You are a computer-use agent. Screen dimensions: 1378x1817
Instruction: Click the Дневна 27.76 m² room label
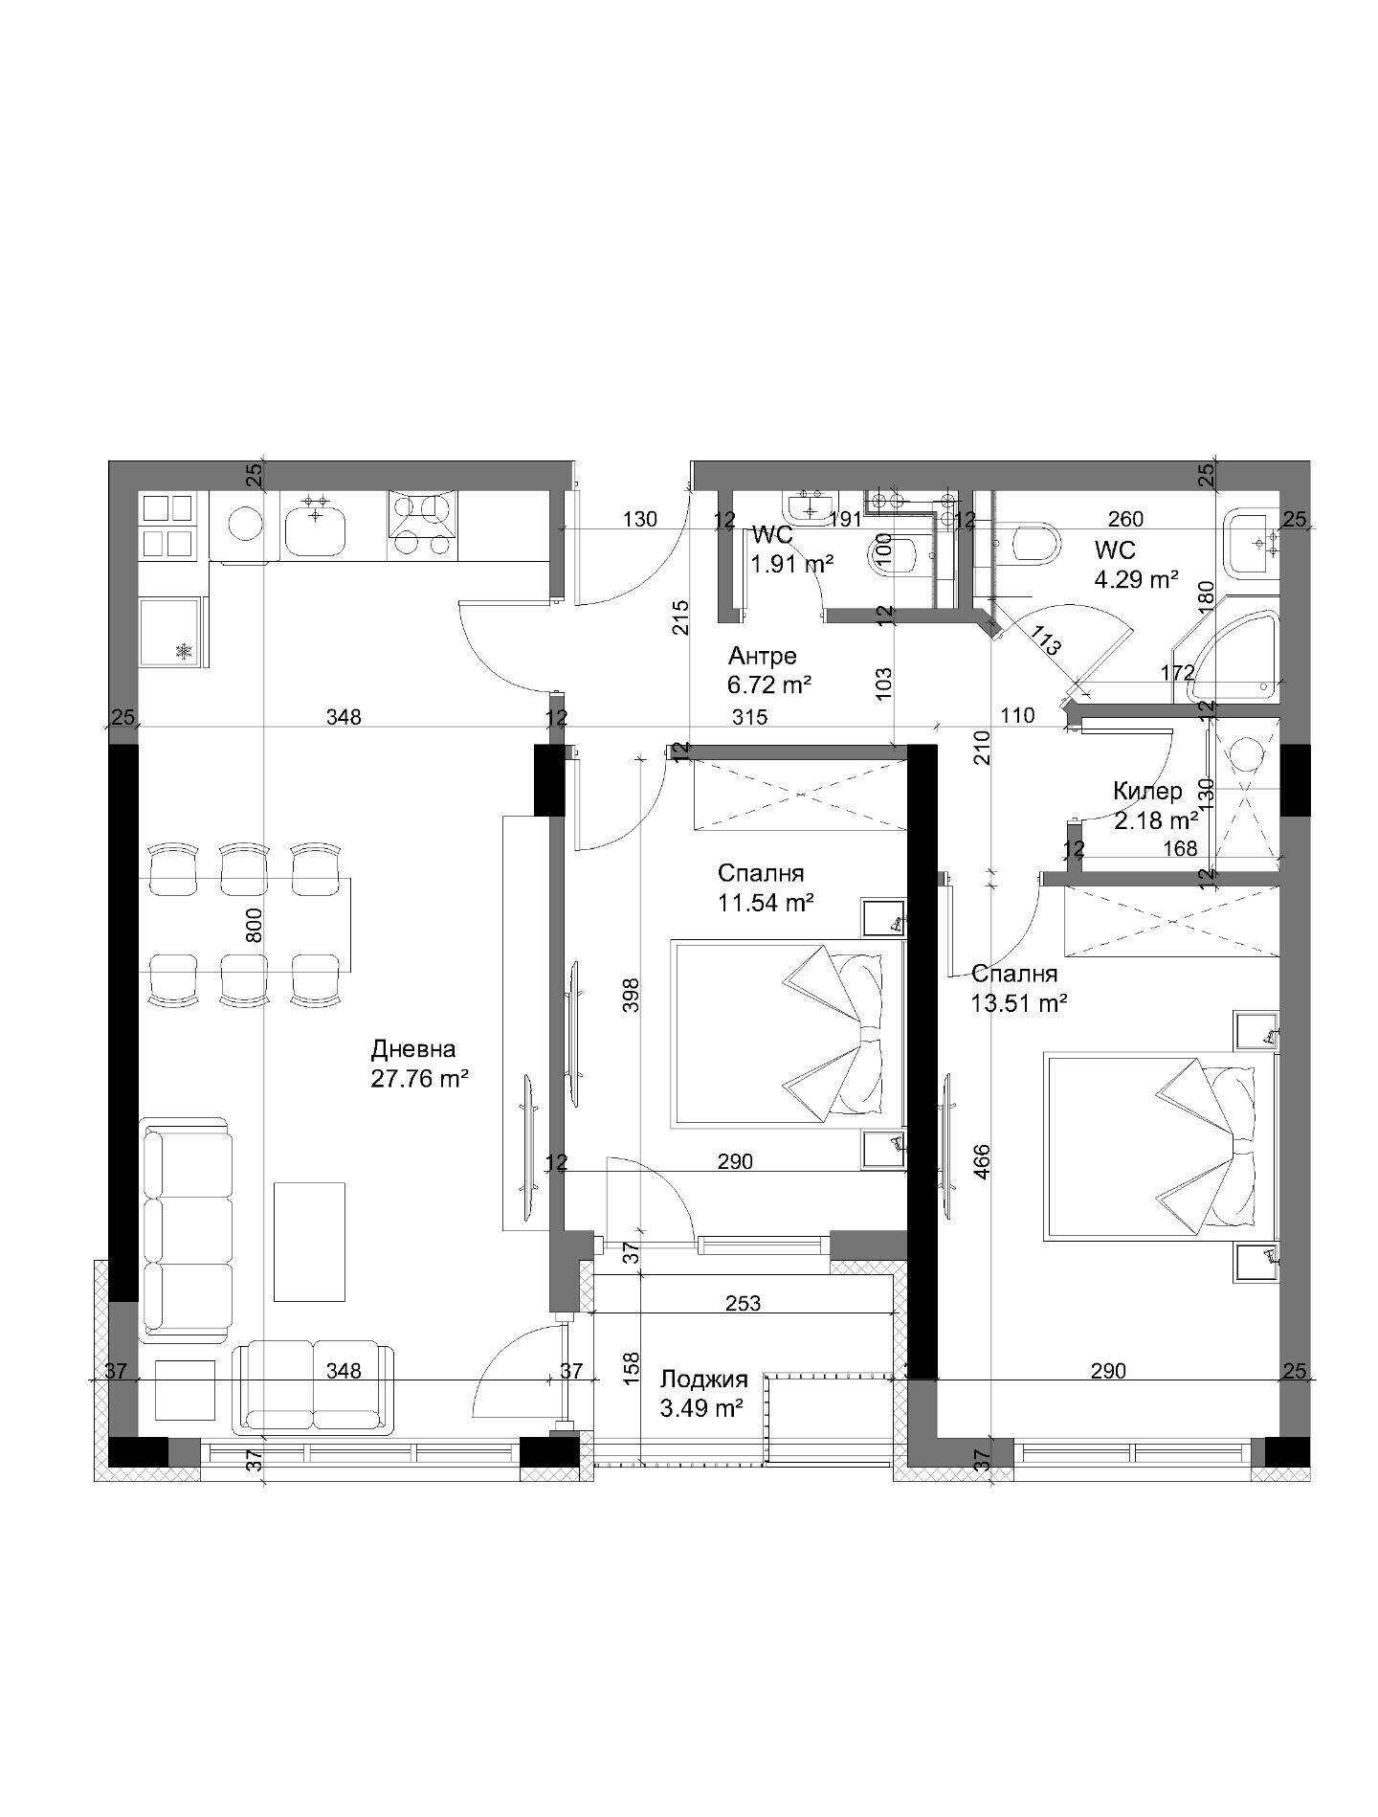click(419, 1065)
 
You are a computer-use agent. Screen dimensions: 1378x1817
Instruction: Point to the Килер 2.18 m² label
click(1155, 806)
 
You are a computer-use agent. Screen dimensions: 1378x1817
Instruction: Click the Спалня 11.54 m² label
click(766, 887)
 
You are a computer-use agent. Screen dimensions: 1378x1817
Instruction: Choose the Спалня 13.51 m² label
click(1019, 988)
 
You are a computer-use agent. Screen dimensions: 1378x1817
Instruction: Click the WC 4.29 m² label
click(1136, 565)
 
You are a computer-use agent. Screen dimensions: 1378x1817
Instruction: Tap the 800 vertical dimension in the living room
click(255, 925)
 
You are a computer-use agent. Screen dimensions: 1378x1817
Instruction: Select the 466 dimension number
click(983, 1161)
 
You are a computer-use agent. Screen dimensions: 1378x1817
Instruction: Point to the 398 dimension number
click(631, 996)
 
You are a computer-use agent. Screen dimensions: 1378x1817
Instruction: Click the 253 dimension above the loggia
click(744, 1303)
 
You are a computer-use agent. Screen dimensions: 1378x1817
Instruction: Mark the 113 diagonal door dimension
click(1047, 639)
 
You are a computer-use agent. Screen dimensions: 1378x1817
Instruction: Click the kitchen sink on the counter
click(315, 526)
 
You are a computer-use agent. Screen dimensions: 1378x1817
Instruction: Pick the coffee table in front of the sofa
click(309, 1242)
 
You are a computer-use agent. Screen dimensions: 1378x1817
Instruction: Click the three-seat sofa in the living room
click(187, 1229)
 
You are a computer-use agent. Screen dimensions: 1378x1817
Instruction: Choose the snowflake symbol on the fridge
click(183, 651)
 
